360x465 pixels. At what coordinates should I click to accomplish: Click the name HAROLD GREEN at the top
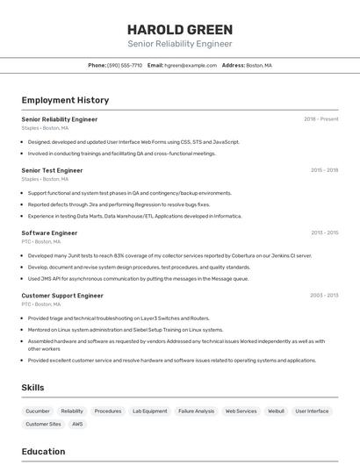point(179,29)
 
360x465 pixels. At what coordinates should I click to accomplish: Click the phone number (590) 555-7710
point(124,65)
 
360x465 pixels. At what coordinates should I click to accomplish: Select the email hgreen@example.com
point(191,65)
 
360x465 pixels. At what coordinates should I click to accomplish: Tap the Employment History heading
point(65,100)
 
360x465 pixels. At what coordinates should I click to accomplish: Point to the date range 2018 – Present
point(321,118)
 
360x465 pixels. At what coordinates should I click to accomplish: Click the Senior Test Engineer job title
point(52,170)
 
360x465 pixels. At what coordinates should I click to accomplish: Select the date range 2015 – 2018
point(324,170)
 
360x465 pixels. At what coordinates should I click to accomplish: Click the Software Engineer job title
point(49,232)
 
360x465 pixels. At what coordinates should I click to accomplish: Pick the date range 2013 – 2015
point(324,232)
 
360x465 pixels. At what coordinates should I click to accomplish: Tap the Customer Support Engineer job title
point(62,296)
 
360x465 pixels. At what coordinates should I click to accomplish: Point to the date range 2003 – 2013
point(324,296)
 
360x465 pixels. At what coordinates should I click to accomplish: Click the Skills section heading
point(32,387)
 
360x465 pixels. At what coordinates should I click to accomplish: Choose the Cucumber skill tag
point(38,411)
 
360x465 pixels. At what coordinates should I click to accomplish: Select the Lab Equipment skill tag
point(149,411)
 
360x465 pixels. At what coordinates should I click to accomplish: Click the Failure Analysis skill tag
point(196,411)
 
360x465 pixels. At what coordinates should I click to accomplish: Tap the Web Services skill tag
point(241,411)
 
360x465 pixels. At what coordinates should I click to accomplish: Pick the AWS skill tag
point(77,424)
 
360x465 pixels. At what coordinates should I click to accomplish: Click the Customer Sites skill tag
point(43,424)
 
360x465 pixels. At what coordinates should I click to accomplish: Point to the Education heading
point(43,452)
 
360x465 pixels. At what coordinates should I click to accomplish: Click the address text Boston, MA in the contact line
point(259,65)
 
